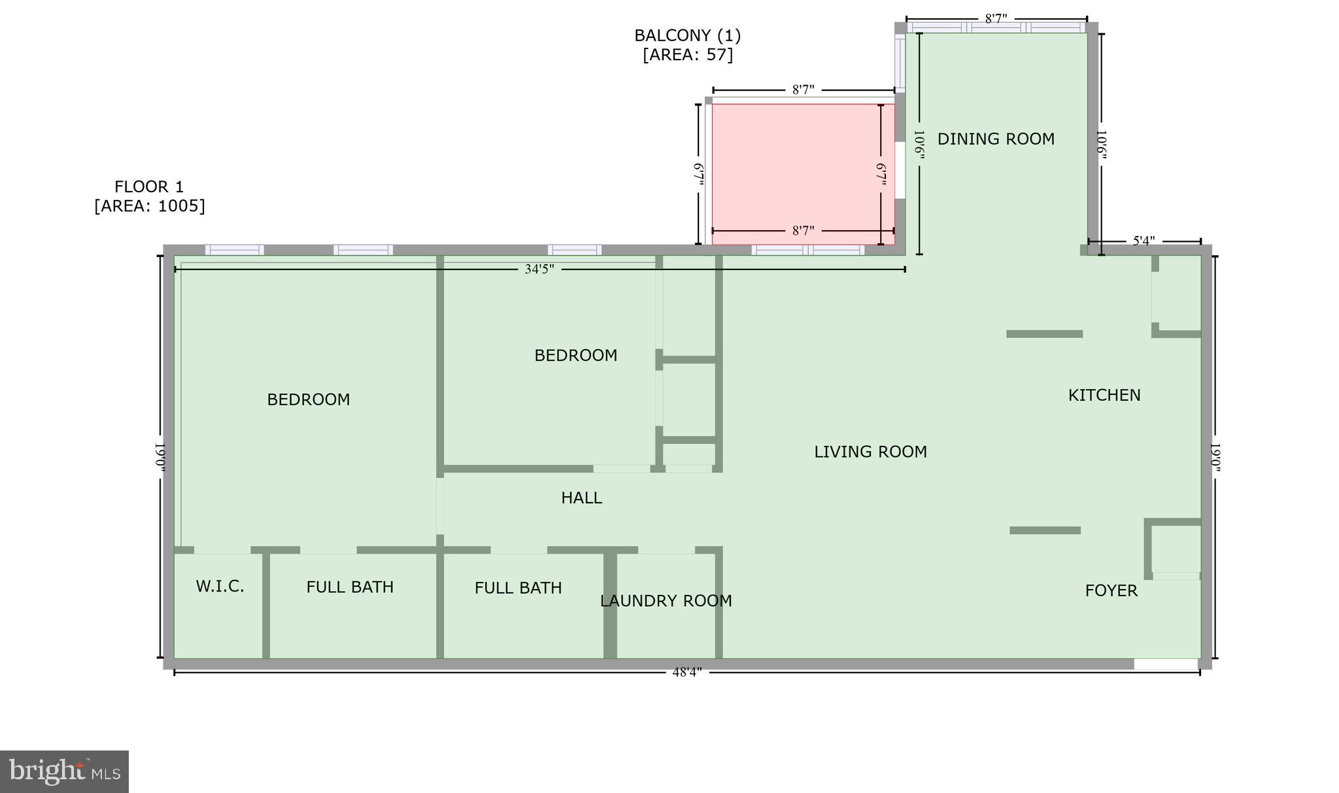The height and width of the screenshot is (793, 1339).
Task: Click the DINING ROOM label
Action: pos(995,139)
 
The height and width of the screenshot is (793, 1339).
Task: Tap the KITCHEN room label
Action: pos(1104,395)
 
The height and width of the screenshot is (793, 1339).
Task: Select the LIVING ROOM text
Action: pos(870,452)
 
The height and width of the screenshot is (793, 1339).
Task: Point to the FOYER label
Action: pos(1111,590)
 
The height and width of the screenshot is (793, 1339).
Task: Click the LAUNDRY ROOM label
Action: pos(666,601)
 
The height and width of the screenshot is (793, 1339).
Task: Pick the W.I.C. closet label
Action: pos(220,586)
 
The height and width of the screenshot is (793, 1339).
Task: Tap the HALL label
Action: pos(581,498)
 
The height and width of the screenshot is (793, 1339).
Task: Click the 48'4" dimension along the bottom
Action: pos(686,672)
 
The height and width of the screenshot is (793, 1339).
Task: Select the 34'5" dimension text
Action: pos(539,269)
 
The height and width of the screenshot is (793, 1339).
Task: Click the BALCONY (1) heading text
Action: pos(687,35)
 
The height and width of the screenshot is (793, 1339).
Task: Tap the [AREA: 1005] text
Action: pos(150,206)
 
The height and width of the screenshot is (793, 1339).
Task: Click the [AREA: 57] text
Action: pos(687,55)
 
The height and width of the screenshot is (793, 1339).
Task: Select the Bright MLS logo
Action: pos(64,771)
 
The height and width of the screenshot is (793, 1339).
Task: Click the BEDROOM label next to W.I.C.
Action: pos(308,399)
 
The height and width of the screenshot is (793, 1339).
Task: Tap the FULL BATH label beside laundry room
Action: pos(518,588)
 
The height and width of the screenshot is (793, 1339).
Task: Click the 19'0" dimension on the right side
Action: pos(1215,457)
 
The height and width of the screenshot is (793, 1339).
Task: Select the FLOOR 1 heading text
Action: pos(149,187)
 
